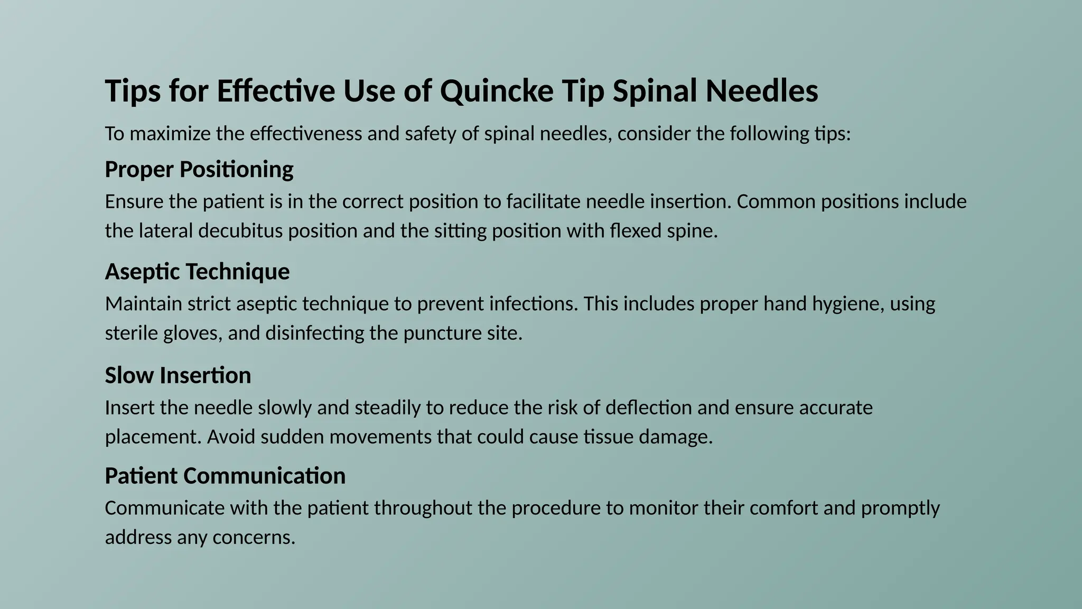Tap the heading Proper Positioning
coord(199,170)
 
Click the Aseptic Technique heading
coord(197,272)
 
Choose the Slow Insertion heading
coord(178,375)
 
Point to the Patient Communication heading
coord(225,476)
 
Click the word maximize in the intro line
coord(170,134)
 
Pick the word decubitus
coord(240,231)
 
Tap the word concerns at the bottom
coord(254,538)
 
